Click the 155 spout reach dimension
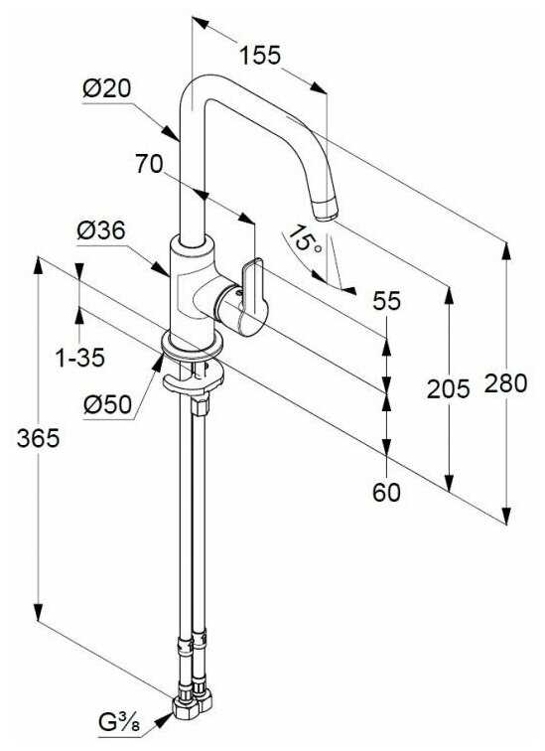tap(260, 55)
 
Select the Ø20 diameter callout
tap(106, 88)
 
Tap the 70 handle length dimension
tap(149, 164)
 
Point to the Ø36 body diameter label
tap(101, 230)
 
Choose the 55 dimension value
tap(386, 301)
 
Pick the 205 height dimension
tap(448, 388)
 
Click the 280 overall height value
tap(505, 383)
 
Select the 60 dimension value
tap(386, 493)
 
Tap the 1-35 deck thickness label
tap(80, 358)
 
